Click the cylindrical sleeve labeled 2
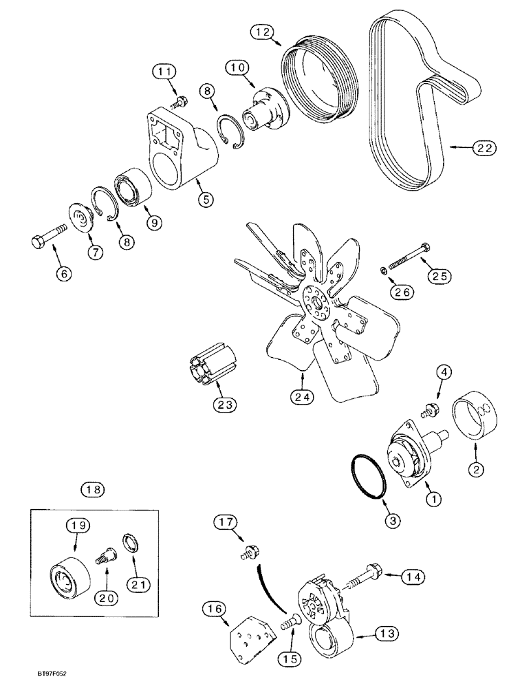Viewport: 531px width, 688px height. (475, 424)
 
